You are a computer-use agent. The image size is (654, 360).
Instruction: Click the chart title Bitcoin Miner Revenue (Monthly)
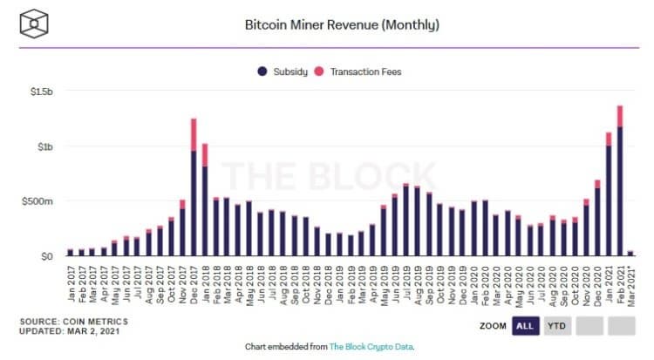pos(341,25)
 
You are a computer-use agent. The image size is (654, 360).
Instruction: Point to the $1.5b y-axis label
pos(41,90)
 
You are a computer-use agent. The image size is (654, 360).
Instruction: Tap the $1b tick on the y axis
pos(45,146)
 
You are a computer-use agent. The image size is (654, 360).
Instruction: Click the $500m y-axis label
pos(39,202)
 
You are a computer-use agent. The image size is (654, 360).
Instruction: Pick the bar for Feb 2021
pos(620,192)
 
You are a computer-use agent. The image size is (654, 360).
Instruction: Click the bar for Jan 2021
pos(609,200)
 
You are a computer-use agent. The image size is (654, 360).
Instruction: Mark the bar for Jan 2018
pos(204,209)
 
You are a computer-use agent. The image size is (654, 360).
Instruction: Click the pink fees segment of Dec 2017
pos(193,134)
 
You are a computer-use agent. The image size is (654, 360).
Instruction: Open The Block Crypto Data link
pos(370,347)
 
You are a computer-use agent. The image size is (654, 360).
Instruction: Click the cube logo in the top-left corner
pos(37,24)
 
